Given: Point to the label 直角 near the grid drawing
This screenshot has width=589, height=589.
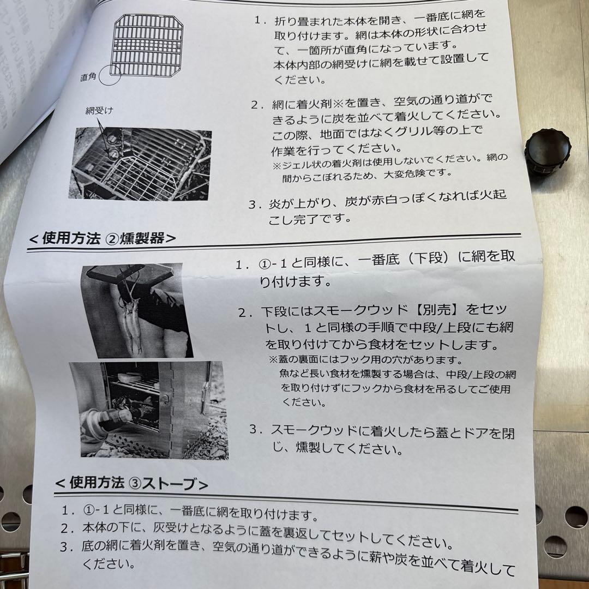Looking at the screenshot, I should click(88, 77).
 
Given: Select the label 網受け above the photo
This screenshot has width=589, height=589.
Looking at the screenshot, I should click(99, 111).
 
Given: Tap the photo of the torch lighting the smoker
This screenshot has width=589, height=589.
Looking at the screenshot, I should click(147, 409).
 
